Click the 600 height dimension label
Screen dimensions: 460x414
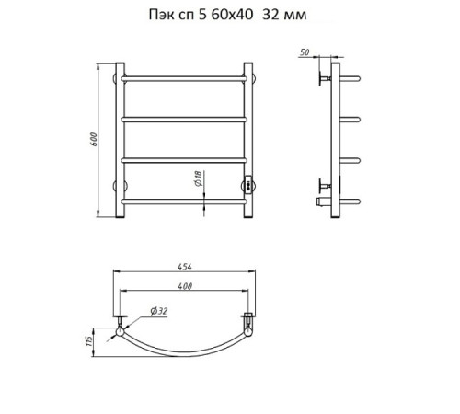click(94, 140)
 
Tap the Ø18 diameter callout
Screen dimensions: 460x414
click(199, 178)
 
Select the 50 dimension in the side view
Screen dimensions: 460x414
click(305, 52)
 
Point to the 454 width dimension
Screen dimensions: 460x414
click(185, 267)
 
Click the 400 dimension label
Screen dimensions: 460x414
click(185, 286)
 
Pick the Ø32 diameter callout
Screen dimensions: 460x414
click(159, 311)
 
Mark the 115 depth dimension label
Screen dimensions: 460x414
click(88, 341)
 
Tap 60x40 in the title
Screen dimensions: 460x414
click(232, 15)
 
